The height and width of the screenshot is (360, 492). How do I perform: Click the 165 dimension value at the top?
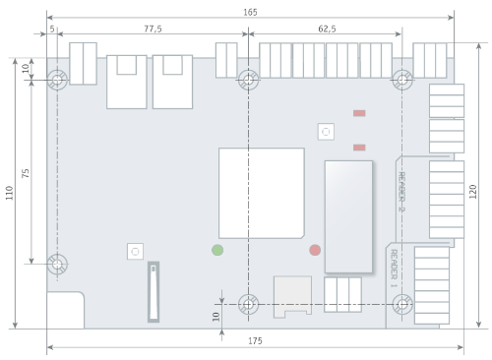pyautogui.click(x=250, y=13)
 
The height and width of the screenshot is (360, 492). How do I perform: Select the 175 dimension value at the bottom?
pyautogui.click(x=255, y=341)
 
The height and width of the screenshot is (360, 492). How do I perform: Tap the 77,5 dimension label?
pyautogui.click(x=153, y=29)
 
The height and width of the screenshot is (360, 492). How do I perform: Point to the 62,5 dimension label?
pyautogui.click(x=327, y=29)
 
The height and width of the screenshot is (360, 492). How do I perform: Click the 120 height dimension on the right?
pyautogui.click(x=472, y=192)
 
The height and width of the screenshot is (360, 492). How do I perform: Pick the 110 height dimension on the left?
pyautogui.click(x=9, y=193)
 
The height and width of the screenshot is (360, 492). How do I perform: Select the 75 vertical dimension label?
pyautogui.click(x=26, y=173)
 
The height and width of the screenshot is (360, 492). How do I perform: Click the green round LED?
pyautogui.click(x=217, y=250)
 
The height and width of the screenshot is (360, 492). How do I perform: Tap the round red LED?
pyautogui.click(x=315, y=250)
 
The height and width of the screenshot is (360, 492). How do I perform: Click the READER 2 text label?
pyautogui.click(x=401, y=192)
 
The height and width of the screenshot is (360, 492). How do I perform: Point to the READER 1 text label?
pyautogui.click(x=394, y=269)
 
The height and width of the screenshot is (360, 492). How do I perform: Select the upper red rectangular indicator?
pyautogui.click(x=359, y=113)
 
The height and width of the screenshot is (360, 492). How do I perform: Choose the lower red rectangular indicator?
pyautogui.click(x=359, y=148)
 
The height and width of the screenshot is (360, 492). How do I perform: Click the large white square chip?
pyautogui.click(x=262, y=193)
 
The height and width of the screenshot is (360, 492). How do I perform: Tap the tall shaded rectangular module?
pyautogui.click(x=348, y=216)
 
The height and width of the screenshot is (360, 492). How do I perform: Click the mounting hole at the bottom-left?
pyautogui.click(x=57, y=264)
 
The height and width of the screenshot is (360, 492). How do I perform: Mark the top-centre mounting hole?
pyautogui.click(x=248, y=80)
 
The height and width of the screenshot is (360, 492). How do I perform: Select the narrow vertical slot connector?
pyautogui.click(x=154, y=292)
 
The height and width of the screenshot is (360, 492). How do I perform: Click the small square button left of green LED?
pyautogui.click(x=135, y=252)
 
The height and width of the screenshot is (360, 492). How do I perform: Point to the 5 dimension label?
pyautogui.click(x=52, y=29)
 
